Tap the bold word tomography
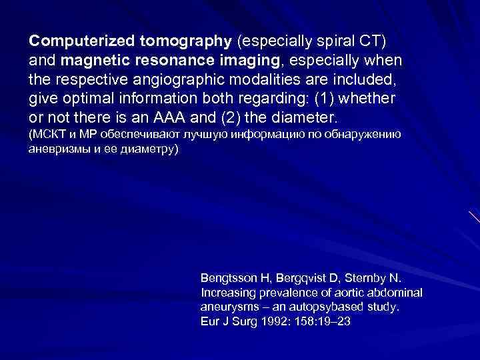[x=185, y=41]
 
